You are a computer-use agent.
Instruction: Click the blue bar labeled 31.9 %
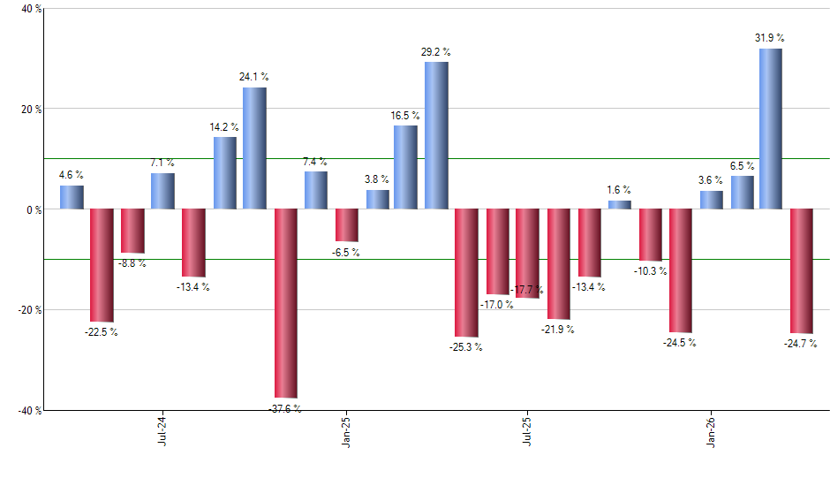coord(770,129)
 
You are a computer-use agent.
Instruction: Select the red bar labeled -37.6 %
coord(285,303)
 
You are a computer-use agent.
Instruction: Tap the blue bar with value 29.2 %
coord(436,135)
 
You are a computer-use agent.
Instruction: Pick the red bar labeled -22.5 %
coord(102,265)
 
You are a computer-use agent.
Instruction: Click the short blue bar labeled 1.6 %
coord(620,205)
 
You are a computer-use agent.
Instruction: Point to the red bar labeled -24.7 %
coord(801,270)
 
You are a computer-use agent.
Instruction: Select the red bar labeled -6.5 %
coord(346,225)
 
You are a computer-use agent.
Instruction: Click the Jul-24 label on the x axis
coord(162,434)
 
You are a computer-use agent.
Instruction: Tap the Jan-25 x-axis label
coord(345,434)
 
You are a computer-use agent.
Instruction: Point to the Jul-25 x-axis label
coord(528,434)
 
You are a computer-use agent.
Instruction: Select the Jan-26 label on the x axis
coord(712,434)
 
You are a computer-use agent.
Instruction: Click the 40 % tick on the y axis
coord(20,9)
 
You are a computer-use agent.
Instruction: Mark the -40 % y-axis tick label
coord(19,410)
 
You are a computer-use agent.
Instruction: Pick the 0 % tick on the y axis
coord(23,209)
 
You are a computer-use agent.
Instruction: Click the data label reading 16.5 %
coord(405,116)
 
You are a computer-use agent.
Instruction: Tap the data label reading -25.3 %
coord(465,347)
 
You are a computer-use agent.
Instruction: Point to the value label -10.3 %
coord(650,271)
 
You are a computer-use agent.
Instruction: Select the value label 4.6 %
coord(72,176)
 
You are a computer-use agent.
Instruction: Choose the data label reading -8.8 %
coord(132,263)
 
